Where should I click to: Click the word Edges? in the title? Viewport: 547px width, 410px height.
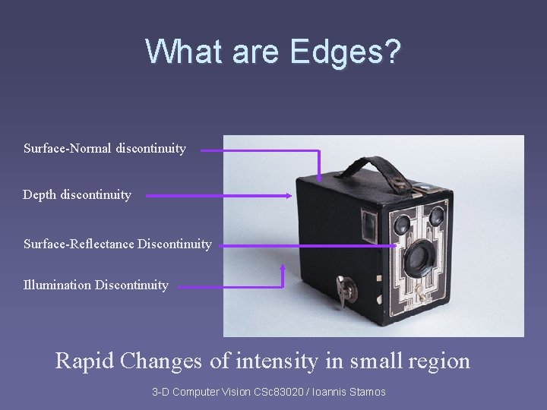click(344, 51)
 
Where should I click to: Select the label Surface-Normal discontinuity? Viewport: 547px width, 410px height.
click(105, 149)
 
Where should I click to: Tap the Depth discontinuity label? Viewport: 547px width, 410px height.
click(77, 195)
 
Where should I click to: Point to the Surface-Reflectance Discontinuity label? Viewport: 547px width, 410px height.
click(117, 244)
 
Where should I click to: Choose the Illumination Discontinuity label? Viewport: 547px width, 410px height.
click(96, 285)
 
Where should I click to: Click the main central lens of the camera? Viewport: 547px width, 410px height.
click(417, 259)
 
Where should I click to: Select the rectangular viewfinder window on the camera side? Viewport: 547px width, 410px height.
click(369, 222)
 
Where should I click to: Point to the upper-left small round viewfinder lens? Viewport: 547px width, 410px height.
click(402, 223)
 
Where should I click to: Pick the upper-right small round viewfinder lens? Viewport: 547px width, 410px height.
click(436, 217)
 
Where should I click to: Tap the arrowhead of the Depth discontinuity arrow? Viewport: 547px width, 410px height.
click(289, 196)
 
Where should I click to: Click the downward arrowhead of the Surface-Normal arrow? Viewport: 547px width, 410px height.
click(319, 177)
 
